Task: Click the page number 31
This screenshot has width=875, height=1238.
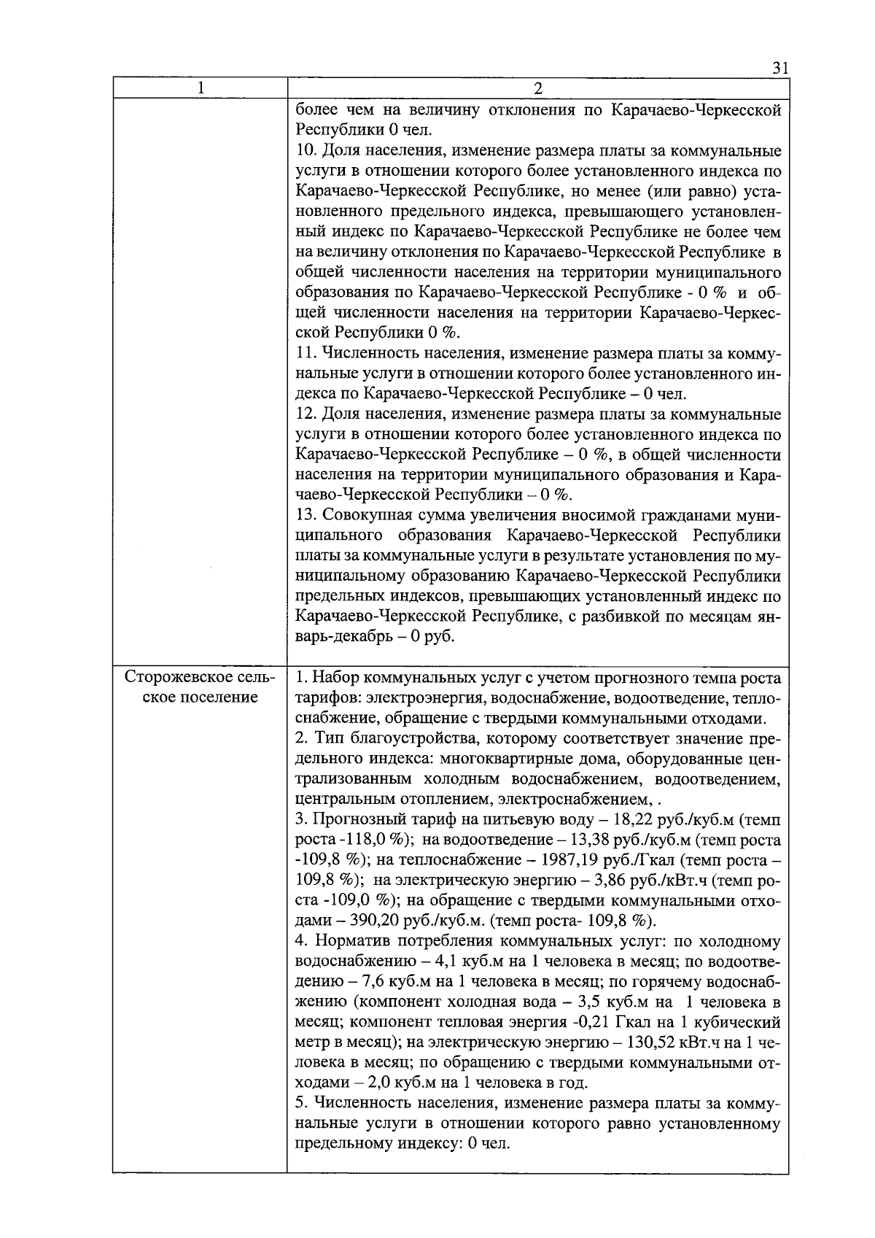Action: click(779, 69)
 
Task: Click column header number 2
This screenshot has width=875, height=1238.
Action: click(537, 88)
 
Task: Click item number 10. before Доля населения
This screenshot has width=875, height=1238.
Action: click(306, 152)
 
